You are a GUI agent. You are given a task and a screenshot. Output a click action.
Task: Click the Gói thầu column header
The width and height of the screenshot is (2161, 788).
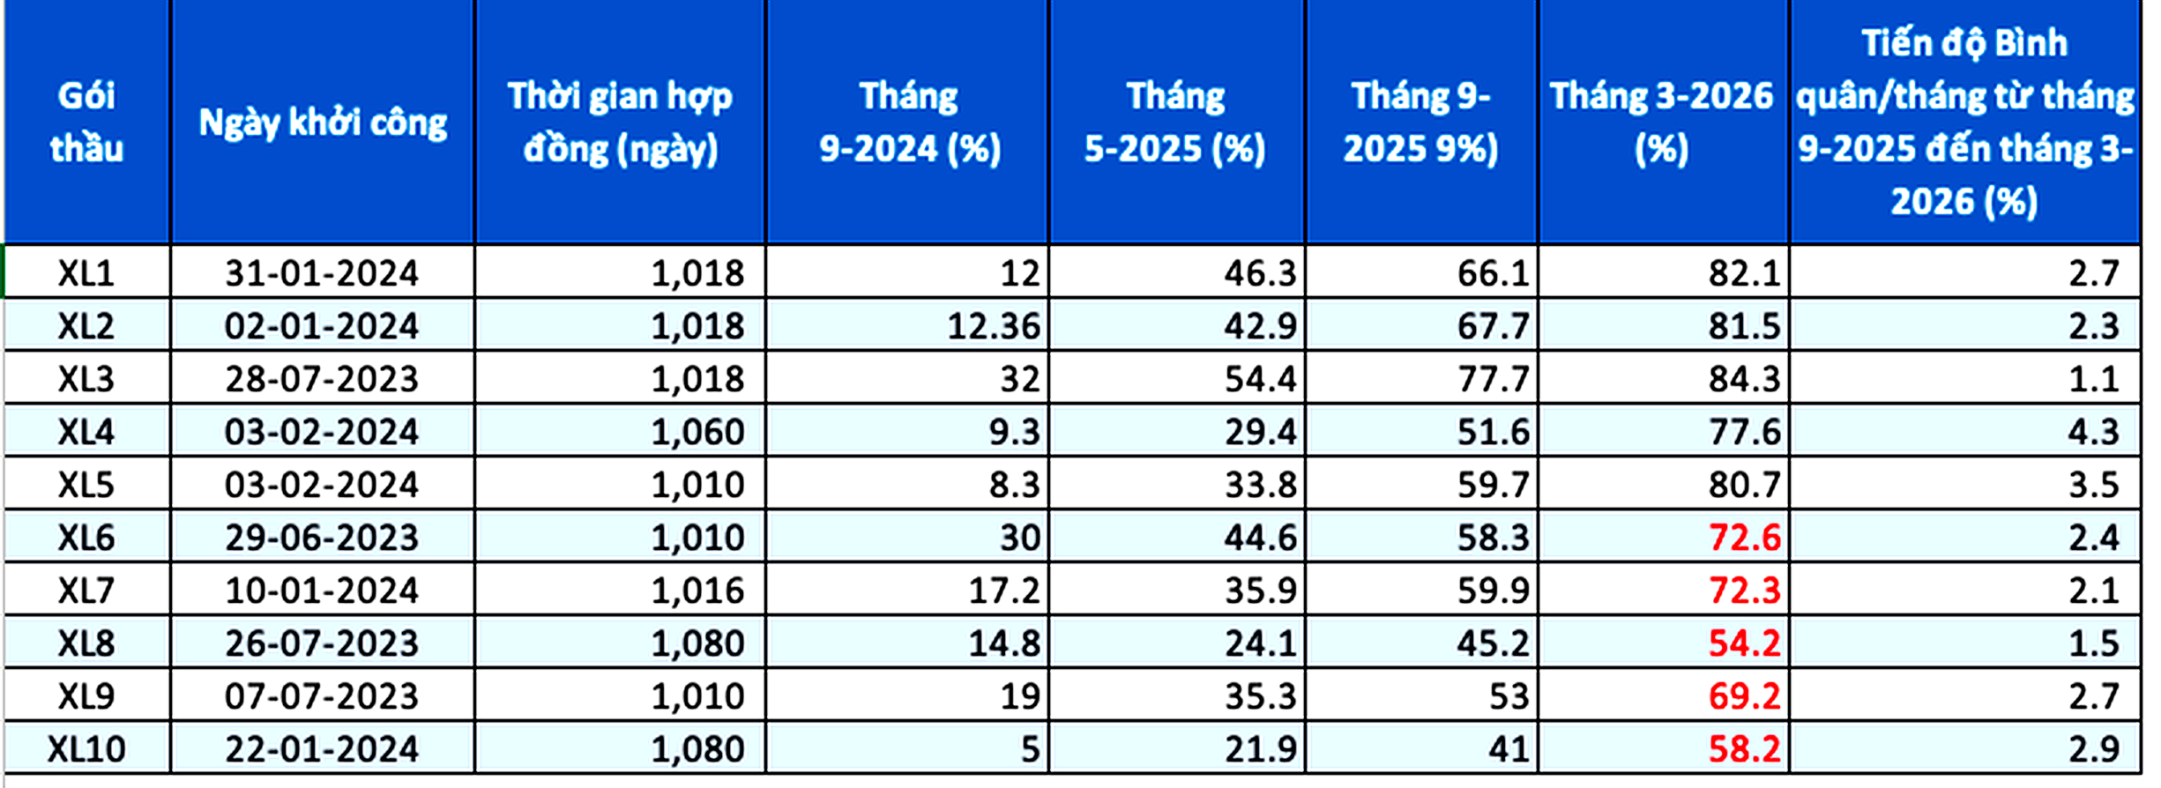point(86,122)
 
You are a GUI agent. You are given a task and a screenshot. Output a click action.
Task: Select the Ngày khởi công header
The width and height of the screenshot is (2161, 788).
point(323,122)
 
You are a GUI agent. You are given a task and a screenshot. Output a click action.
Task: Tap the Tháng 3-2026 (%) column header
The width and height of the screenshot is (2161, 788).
point(1662,122)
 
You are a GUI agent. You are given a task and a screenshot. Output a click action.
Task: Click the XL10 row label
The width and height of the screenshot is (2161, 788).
point(86,749)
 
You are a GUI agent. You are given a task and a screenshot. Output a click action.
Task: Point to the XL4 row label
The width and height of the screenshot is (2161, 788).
point(86,432)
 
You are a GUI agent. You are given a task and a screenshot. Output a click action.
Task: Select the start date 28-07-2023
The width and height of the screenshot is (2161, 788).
point(322,379)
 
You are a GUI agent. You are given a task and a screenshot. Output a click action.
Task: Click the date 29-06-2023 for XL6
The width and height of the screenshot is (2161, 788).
point(322,538)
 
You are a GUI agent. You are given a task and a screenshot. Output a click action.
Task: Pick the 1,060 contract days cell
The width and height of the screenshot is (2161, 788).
point(697,432)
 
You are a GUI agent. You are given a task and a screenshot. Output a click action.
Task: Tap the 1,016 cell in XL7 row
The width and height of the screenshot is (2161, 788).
point(697,591)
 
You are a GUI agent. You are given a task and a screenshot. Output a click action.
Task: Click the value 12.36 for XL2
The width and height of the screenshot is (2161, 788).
point(994,326)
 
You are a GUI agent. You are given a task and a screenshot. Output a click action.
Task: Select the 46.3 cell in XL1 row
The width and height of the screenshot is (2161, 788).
point(1260,273)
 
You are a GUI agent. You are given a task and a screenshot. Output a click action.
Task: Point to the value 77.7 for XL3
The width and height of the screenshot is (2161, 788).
point(1493,379)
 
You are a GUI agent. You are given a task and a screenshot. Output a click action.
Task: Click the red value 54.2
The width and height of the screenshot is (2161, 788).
point(1744,643)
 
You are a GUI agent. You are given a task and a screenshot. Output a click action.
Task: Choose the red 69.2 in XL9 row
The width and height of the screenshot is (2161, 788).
point(1744,696)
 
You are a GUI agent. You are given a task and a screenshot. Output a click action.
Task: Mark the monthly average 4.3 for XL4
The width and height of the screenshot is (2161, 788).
point(2093,432)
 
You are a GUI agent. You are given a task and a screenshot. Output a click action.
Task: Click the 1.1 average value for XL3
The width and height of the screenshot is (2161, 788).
point(2093,379)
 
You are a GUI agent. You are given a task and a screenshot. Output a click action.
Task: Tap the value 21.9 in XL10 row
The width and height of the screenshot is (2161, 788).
point(1260,749)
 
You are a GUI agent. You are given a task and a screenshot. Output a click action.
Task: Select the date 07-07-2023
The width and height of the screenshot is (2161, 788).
point(322,696)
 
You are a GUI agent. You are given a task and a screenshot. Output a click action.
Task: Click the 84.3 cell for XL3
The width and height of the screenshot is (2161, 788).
point(1744,379)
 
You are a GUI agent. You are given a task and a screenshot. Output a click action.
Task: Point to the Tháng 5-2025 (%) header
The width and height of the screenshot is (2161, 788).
point(1175,122)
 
